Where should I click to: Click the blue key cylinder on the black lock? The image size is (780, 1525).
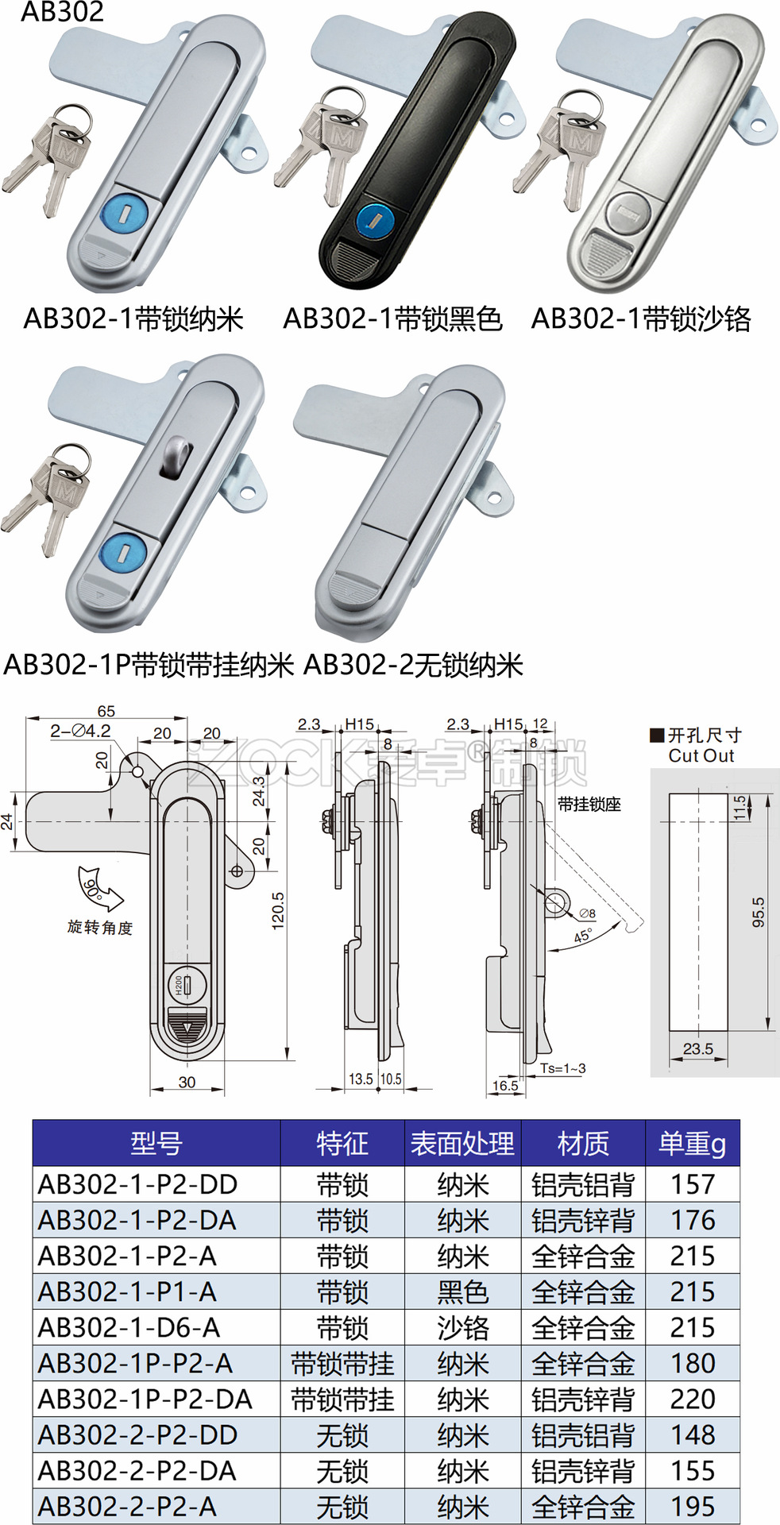pyautogui.click(x=373, y=218)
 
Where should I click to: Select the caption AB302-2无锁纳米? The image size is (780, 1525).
pyautogui.click(x=413, y=665)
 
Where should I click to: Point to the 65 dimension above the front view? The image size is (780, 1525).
pyautogui.click(x=106, y=711)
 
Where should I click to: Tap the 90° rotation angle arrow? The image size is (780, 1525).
pyautogui.click(x=98, y=890)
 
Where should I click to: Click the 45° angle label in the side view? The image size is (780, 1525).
pyautogui.click(x=583, y=936)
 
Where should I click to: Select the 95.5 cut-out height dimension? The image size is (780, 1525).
pyautogui.click(x=758, y=912)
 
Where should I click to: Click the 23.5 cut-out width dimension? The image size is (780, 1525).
pyautogui.click(x=697, y=1048)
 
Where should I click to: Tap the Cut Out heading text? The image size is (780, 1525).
pyautogui.click(x=701, y=755)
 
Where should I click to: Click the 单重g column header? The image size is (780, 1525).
pyautogui.click(x=692, y=1144)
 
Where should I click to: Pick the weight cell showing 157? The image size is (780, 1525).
pyautogui.click(x=692, y=1184)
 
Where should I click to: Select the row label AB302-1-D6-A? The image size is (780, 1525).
pyautogui.click(x=129, y=1327)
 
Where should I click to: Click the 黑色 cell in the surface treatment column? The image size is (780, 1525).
pyautogui.click(x=462, y=1292)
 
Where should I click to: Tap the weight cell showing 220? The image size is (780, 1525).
pyautogui.click(x=692, y=1399)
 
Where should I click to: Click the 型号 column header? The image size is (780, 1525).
pyautogui.click(x=156, y=1144)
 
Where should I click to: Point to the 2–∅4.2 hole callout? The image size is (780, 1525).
pyautogui.click(x=80, y=731)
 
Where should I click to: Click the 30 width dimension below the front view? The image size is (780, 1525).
pyautogui.click(x=187, y=1082)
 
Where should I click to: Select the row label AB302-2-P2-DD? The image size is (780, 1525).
pyautogui.click(x=137, y=1434)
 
